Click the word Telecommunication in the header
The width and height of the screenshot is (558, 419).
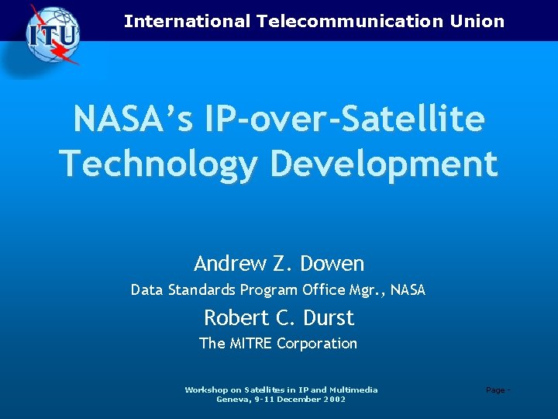pyautogui.click(x=348, y=22)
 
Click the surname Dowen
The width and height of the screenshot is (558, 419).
pyautogui.click(x=332, y=264)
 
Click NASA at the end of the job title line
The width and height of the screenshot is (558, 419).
pyautogui.click(x=408, y=291)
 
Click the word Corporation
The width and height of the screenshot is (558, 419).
pyautogui.click(x=318, y=343)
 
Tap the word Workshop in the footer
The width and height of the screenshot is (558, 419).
pyautogui.click(x=205, y=390)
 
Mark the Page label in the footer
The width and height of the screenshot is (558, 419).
pyautogui.click(x=494, y=390)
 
